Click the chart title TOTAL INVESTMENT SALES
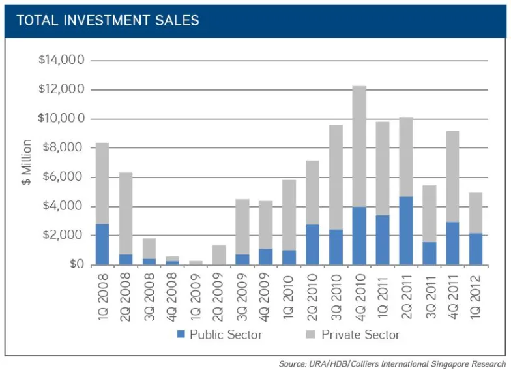[x=108, y=20]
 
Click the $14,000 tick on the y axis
[x=61, y=60]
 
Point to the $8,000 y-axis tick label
[x=64, y=148]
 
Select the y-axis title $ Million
[x=27, y=162]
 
